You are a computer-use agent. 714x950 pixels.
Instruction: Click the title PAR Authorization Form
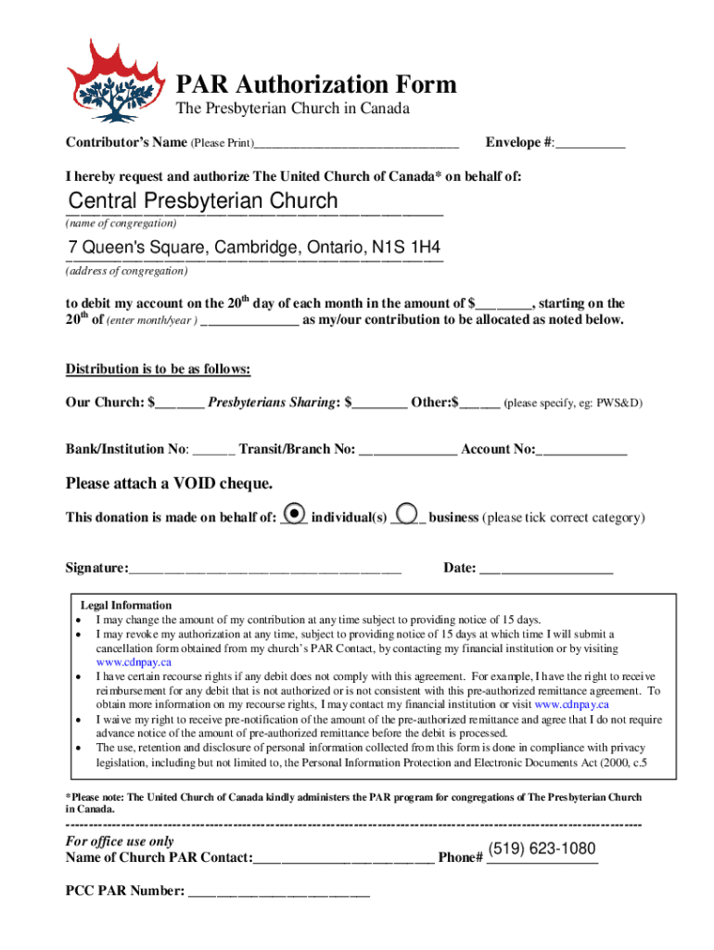tap(316, 84)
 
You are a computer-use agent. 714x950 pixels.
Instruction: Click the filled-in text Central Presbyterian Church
tap(204, 201)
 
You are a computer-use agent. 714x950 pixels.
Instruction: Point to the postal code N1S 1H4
tap(405, 249)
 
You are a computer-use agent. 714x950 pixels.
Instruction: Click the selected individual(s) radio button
tap(294, 513)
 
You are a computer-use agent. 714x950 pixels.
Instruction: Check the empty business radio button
tap(407, 513)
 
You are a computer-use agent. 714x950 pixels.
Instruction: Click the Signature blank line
tap(265, 570)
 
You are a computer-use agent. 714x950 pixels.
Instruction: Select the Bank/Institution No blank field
tap(215, 451)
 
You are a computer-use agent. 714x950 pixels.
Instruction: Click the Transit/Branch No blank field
tap(408, 451)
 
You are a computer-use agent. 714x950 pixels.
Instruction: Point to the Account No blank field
tap(582, 451)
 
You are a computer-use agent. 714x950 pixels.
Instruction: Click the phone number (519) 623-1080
tap(542, 849)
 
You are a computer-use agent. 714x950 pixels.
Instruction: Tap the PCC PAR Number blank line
tap(279, 893)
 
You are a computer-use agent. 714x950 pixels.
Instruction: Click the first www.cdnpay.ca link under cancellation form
tap(134, 662)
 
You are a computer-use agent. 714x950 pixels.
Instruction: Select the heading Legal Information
tap(126, 605)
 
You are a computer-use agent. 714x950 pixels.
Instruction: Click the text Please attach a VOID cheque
tap(169, 483)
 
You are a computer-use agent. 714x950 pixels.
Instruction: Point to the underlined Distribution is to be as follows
tap(158, 369)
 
